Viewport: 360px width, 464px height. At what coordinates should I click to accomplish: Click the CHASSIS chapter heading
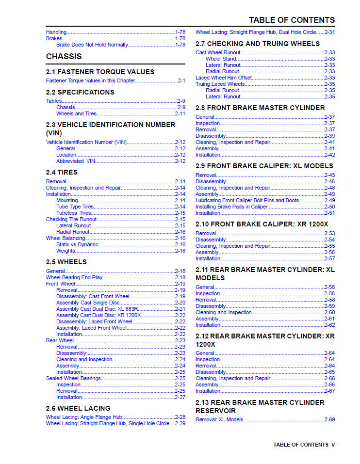tap(64, 56)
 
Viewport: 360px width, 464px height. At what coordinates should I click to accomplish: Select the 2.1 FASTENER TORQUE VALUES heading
tap(100, 72)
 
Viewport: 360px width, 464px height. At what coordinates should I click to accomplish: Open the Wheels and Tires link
tap(76, 113)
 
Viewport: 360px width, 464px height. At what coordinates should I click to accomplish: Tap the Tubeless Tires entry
tap(73, 213)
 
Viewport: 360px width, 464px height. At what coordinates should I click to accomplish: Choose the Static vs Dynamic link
tap(77, 244)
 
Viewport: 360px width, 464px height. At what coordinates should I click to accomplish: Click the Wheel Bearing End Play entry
tap(74, 277)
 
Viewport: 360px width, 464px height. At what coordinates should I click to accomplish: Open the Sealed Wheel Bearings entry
tap(74, 378)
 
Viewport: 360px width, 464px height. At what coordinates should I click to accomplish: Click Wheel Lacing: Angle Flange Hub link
tap(84, 417)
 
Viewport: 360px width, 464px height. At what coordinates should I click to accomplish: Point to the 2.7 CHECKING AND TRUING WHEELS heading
tap(258, 44)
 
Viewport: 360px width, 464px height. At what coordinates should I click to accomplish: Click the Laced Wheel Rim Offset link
tap(224, 78)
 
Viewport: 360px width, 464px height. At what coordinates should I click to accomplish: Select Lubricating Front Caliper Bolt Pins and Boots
tap(247, 200)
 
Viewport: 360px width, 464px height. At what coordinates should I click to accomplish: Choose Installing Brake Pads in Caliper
tap(231, 207)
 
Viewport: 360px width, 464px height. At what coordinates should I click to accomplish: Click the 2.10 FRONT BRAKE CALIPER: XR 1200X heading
tap(262, 224)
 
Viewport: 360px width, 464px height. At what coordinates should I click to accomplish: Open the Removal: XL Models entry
tap(219, 419)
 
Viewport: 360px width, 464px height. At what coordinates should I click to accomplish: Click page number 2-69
tap(329, 419)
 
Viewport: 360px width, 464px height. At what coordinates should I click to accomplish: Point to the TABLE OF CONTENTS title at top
tap(292, 20)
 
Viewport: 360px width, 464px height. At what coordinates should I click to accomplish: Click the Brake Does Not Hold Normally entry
tap(92, 45)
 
